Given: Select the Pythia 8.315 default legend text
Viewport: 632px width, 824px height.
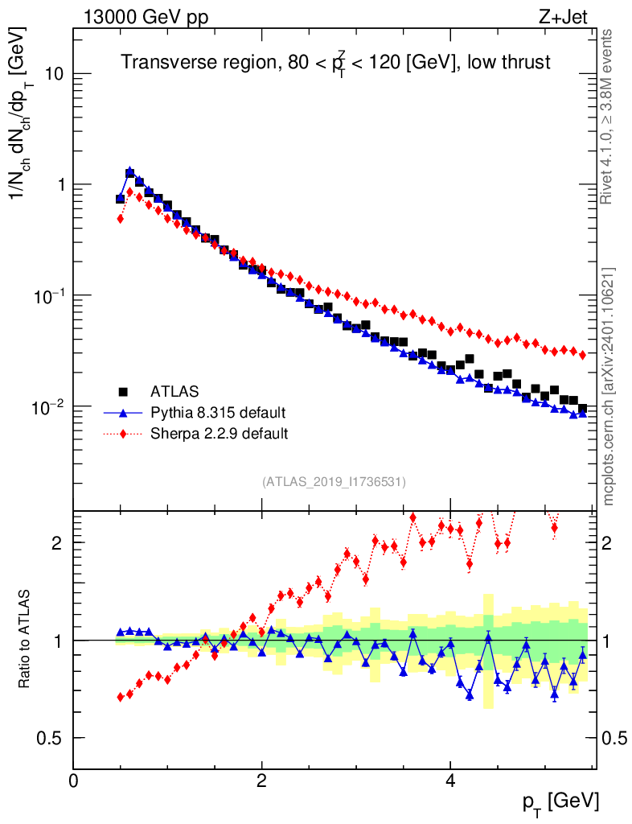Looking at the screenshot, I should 218,413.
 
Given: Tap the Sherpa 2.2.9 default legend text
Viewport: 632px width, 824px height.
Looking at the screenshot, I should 220,434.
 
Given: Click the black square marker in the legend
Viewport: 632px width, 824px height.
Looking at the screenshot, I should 123,392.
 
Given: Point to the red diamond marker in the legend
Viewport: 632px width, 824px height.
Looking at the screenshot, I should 123,434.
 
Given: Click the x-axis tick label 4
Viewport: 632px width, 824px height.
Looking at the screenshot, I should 450,781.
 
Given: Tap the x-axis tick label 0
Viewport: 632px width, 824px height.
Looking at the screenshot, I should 74,781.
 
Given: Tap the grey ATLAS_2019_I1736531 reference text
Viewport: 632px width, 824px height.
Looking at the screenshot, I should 334,482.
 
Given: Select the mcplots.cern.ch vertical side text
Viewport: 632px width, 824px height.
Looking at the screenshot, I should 609,386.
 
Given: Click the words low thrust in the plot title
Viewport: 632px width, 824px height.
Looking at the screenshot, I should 511,62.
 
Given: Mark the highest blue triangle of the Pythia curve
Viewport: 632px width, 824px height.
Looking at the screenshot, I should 129,171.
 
